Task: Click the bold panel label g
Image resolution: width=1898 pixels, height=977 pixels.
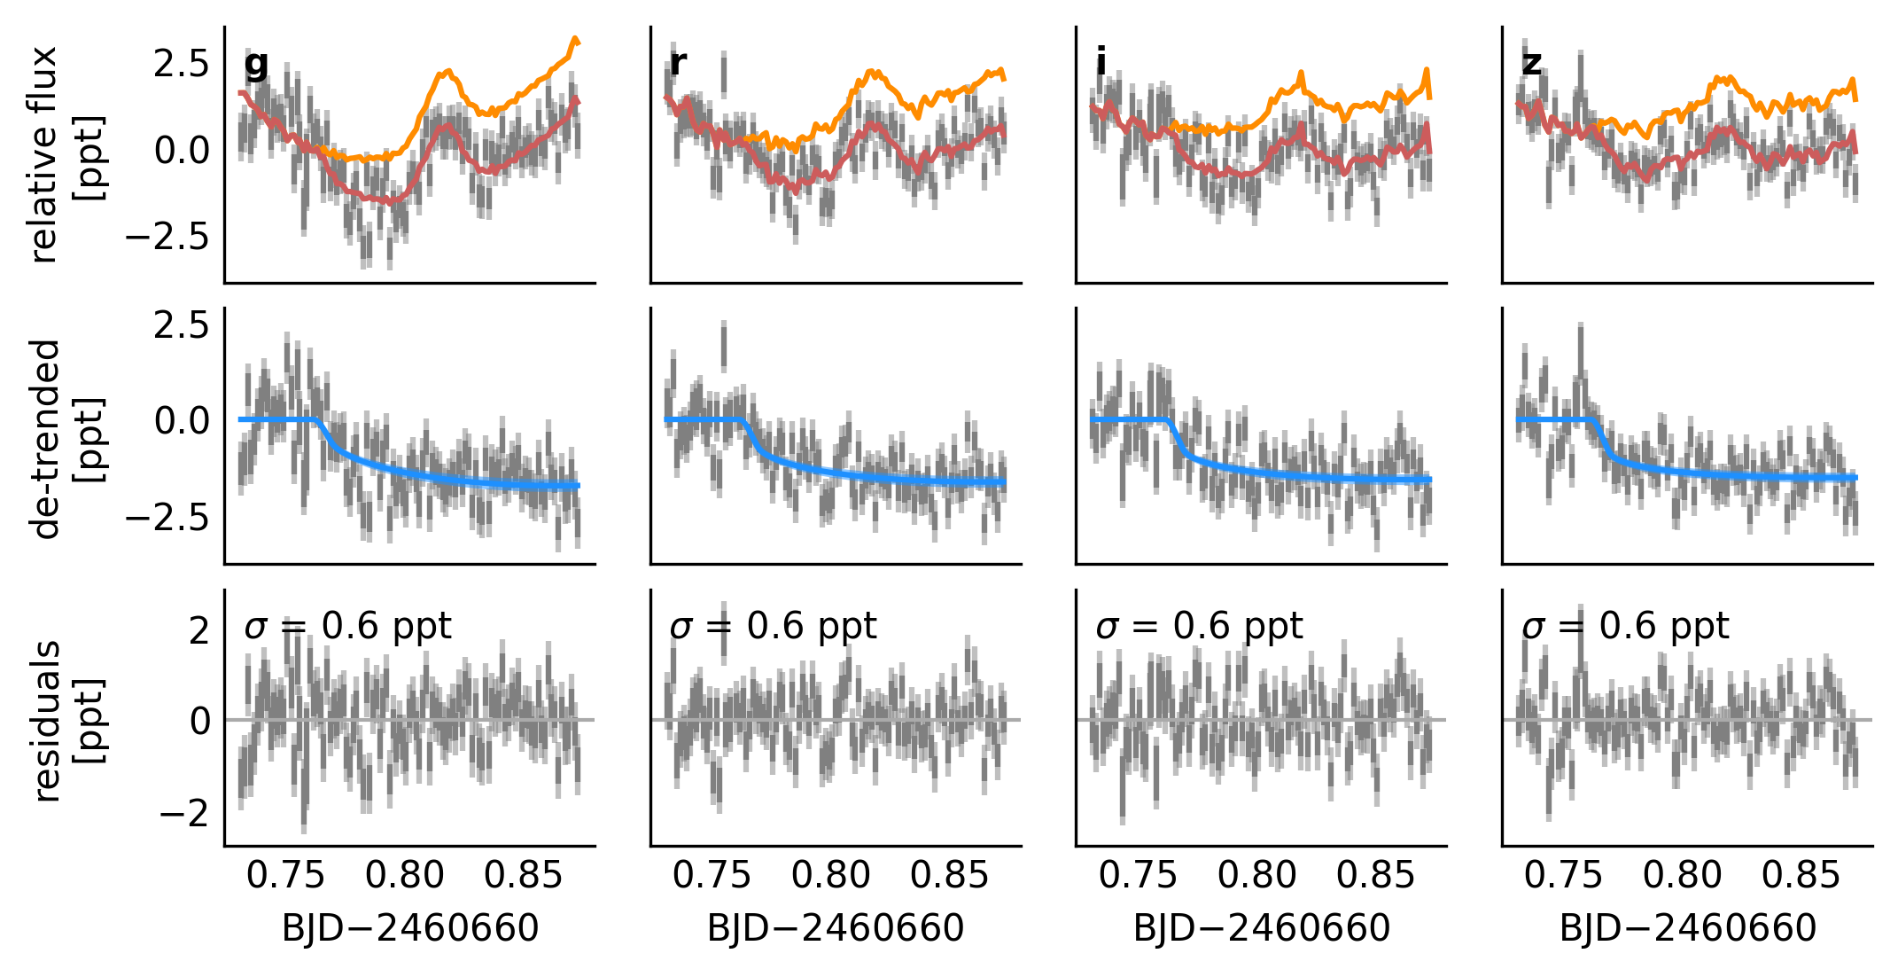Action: pos(256,64)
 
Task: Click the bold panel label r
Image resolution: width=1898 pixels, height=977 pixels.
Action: pos(678,63)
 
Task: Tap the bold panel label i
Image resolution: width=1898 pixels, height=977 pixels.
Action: pos(1101,62)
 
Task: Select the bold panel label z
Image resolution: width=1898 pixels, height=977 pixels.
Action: pos(1532,63)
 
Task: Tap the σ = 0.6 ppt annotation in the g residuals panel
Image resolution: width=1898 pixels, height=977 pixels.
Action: pos(348,626)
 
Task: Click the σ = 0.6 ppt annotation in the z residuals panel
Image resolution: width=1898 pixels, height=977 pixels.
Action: pos(1625,626)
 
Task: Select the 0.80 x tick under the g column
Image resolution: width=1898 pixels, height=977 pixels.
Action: pos(404,875)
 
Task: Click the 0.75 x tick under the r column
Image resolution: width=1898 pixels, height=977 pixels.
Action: pos(712,875)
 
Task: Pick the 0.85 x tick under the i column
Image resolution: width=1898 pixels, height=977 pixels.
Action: pos(1375,875)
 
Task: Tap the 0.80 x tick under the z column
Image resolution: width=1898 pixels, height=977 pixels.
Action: pos(1682,875)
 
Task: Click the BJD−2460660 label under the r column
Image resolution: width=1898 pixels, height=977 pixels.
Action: pos(836,928)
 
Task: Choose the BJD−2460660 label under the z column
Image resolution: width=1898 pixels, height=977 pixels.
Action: pos(1687,928)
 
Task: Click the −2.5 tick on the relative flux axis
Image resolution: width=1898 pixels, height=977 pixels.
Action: pos(167,238)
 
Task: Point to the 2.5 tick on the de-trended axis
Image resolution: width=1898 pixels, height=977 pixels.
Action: pos(182,325)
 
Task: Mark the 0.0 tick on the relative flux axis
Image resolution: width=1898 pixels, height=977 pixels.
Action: pos(182,151)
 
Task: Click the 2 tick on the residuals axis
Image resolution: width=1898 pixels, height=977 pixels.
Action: pos(199,630)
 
